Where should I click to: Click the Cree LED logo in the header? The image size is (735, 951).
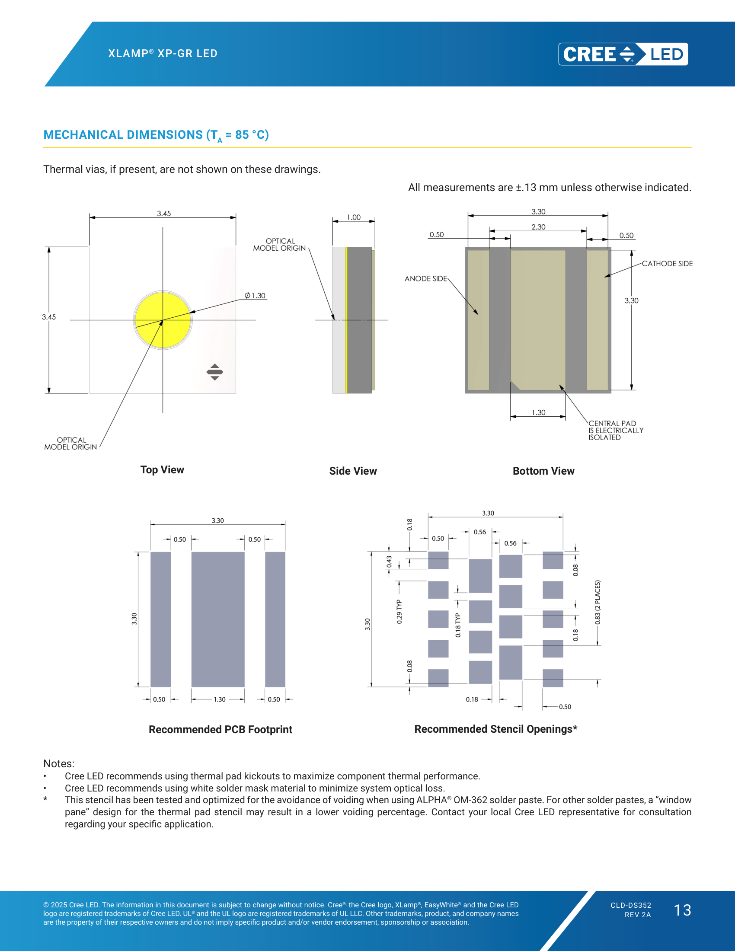coord(623,54)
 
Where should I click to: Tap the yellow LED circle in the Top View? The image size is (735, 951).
coord(163,320)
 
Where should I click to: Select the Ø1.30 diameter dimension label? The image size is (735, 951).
coord(255,296)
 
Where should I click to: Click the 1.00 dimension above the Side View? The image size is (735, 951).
coord(354,217)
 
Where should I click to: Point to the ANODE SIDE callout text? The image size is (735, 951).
coord(426,279)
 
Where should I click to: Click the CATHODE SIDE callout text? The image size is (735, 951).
coord(667,263)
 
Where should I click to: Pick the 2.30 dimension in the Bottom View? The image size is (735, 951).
coord(538,227)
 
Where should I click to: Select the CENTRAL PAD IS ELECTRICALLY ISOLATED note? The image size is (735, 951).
coord(616,430)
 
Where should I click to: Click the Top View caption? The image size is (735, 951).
coord(162,470)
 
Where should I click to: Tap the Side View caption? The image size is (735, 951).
coord(353,471)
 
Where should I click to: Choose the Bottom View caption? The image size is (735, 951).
coord(543,471)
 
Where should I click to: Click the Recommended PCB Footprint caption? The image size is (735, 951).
coord(220,730)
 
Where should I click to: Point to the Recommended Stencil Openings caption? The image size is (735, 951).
coord(496,729)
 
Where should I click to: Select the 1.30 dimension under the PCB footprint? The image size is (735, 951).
coord(220,699)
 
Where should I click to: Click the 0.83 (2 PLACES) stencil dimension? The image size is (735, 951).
coord(598,602)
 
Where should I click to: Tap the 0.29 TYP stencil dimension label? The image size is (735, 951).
coord(399,611)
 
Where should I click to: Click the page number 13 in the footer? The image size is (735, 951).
coord(682,910)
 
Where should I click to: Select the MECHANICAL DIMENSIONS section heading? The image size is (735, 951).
coord(156,135)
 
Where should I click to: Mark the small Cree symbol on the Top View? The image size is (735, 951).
coord(215,372)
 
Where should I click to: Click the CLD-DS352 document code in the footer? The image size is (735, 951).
coord(630,905)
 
